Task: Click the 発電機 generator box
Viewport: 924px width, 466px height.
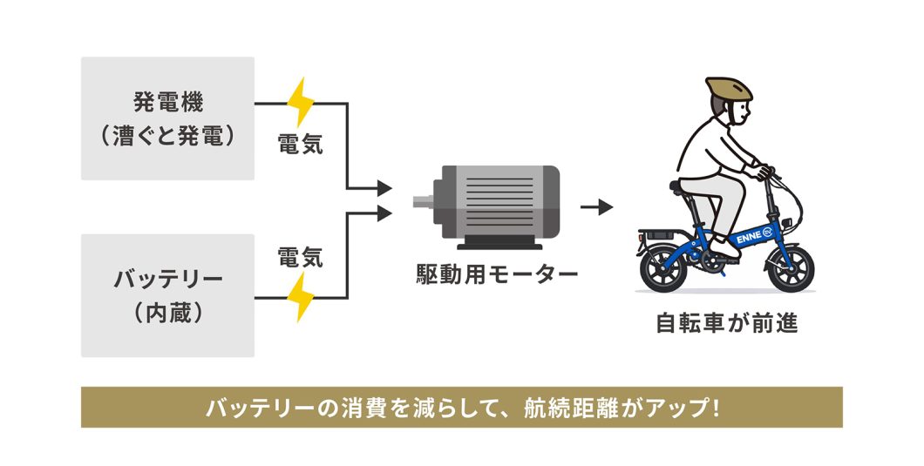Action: pyautogui.click(x=167, y=118)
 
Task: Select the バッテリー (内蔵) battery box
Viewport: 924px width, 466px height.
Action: pyautogui.click(x=167, y=295)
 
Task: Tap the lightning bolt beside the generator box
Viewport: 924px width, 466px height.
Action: pyautogui.click(x=301, y=103)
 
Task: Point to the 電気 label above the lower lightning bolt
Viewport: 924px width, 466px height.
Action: pyautogui.click(x=301, y=257)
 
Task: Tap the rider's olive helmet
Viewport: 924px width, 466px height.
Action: pyautogui.click(x=728, y=87)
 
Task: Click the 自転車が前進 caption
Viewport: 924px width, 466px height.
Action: pyautogui.click(x=726, y=324)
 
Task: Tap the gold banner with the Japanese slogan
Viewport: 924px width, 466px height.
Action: pyautogui.click(x=462, y=407)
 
